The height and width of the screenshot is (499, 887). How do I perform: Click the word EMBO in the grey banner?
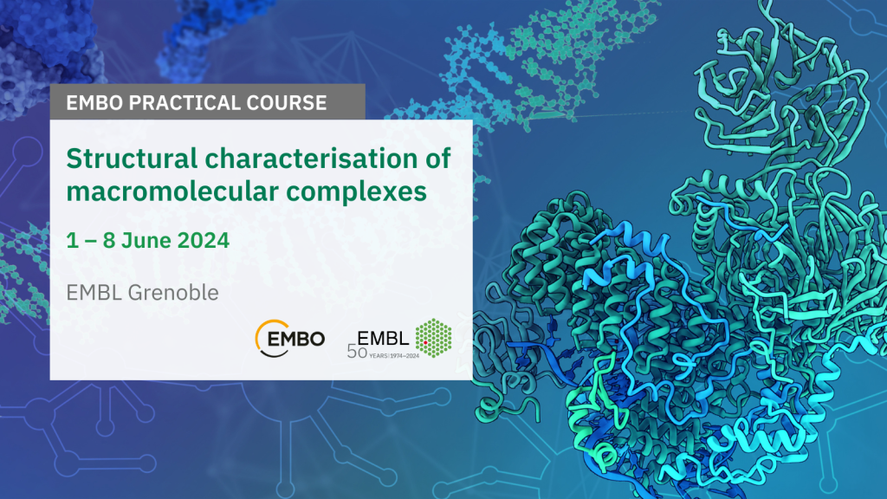[94, 103]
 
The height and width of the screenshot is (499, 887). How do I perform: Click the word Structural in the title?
[132, 159]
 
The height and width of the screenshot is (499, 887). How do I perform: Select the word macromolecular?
[172, 191]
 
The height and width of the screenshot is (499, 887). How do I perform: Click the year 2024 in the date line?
[203, 241]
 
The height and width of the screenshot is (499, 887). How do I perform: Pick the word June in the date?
[146, 241]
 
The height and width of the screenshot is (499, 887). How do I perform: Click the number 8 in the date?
[109, 241]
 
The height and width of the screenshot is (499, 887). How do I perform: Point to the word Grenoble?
[173, 293]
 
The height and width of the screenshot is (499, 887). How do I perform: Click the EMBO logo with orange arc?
[289, 339]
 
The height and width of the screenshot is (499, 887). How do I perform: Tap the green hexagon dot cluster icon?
[434, 338]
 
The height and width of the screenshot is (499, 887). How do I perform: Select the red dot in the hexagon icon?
[425, 343]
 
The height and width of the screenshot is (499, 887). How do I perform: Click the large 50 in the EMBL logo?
[357, 353]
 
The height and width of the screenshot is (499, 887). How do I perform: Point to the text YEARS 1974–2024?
[394, 356]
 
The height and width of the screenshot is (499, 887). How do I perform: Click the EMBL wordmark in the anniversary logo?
[383, 339]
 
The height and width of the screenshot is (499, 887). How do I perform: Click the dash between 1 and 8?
[90, 241]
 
